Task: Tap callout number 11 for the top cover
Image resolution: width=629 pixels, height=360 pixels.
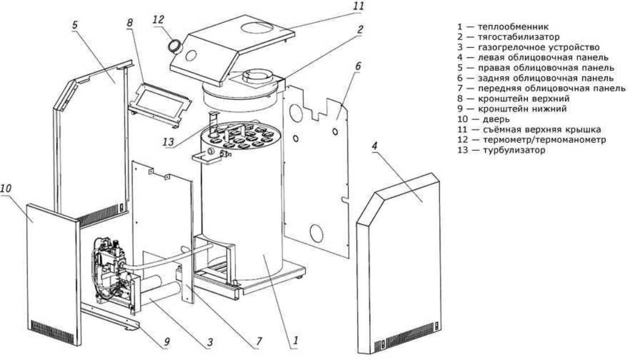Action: pyautogui.click(x=358, y=6)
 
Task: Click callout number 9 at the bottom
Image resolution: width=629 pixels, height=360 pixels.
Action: pyautogui.click(x=167, y=343)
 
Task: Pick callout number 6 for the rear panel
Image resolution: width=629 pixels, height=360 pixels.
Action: pyautogui.click(x=358, y=66)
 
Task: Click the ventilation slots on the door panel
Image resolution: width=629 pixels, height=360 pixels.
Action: pyautogui.click(x=53, y=328)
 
